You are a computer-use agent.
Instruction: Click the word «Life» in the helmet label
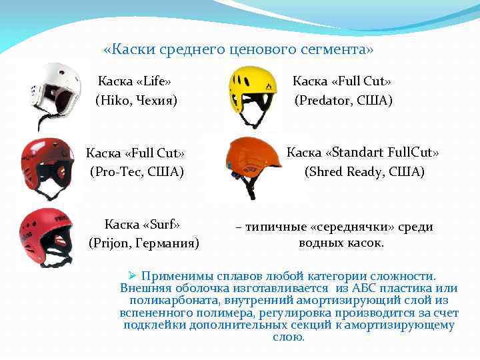coord(154,81)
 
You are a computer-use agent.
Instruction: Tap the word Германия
coord(167,243)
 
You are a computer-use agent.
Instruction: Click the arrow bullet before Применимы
coord(131,275)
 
